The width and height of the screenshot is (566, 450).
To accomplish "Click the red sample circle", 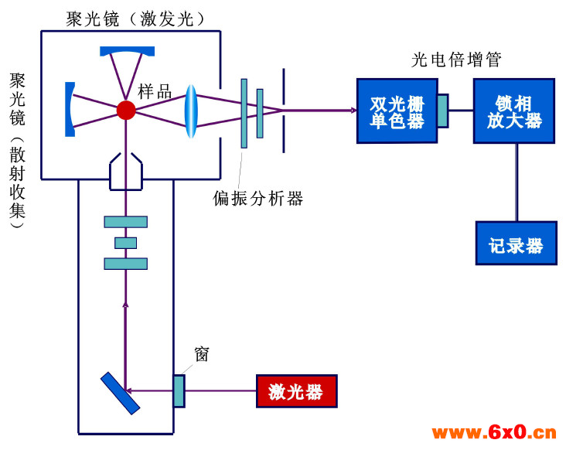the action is point(126,110).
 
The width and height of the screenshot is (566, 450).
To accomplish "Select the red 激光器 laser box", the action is point(297,391).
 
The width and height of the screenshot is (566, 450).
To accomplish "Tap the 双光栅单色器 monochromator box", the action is point(397,111).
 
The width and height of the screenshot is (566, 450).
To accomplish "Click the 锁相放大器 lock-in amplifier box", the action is point(514,111).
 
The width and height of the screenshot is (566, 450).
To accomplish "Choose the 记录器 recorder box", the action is point(517,244).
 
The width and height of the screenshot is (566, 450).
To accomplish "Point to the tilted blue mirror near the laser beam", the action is point(120,394).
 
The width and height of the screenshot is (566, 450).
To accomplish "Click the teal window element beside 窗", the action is point(179,391).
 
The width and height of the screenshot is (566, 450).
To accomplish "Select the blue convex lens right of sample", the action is point(191,111).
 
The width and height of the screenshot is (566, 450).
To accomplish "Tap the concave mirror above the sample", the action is point(127,51).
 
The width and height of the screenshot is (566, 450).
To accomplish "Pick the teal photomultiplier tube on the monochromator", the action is point(443,111).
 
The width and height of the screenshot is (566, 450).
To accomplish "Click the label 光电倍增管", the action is point(456,60).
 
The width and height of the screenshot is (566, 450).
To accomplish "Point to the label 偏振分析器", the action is point(257,198).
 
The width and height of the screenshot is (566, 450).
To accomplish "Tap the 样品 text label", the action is point(155,92).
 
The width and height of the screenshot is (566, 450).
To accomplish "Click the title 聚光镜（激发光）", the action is point(135,19).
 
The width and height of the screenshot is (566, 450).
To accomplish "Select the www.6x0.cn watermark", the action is point(494,432).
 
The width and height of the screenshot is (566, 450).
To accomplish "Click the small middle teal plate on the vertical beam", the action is point(125,243).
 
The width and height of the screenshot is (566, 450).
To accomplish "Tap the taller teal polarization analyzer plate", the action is point(244,114).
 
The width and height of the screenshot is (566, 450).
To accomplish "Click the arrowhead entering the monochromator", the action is point(354,110).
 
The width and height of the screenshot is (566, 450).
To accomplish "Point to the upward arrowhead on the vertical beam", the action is point(125,304).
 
